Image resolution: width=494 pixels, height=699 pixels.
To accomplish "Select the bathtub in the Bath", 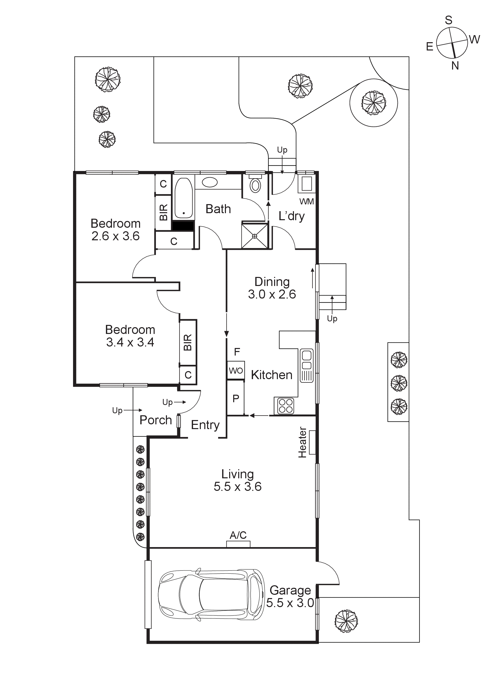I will click(183, 198).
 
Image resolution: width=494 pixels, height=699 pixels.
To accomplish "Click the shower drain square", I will click(255, 236).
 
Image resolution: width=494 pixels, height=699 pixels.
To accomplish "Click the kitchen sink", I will click(306, 365).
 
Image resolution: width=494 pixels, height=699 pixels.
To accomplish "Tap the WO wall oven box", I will click(236, 371).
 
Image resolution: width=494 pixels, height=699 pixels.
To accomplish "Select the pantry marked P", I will click(236, 398).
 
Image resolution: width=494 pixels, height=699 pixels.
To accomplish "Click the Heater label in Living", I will click(302, 442).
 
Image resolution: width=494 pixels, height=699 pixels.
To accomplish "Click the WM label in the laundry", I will click(306, 202).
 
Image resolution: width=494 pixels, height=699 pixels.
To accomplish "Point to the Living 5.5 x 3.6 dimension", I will click(237, 487).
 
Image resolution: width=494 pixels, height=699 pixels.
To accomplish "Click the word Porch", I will click(156, 420).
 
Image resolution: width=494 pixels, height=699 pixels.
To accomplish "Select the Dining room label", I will click(272, 282).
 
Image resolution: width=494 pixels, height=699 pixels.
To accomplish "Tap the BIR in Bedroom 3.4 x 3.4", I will click(188, 342).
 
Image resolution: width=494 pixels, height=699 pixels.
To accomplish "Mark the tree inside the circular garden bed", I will click(374, 103).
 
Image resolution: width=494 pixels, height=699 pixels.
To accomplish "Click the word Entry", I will click(205, 425).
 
